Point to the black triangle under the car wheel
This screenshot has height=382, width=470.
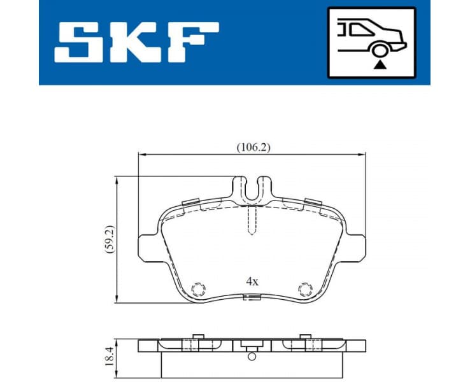[381, 64]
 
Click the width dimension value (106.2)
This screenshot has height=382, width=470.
[253, 147]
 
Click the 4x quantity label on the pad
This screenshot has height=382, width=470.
[252, 281]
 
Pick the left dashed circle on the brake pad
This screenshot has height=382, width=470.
[198, 289]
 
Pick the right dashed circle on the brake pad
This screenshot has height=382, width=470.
[306, 289]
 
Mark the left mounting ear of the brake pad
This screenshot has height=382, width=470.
[147, 247]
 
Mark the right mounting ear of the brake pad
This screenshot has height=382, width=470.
[359, 247]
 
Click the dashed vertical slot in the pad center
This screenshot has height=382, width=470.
[252, 220]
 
